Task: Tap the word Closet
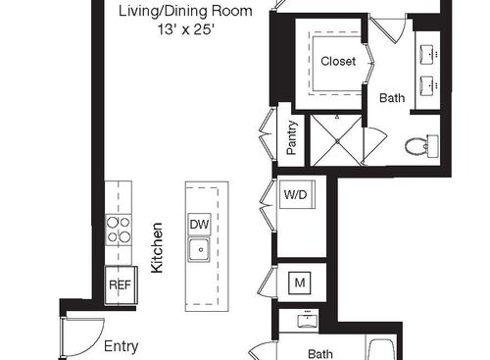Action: tap(338, 62)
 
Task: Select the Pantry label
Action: tap(292, 138)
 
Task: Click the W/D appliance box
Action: tap(296, 194)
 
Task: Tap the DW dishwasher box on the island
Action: tap(199, 225)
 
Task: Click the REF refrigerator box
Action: tap(119, 284)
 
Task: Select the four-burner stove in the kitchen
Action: tap(119, 231)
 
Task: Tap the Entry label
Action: tap(122, 346)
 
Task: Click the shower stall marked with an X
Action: tap(336, 138)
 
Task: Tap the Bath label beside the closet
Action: tap(392, 97)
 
